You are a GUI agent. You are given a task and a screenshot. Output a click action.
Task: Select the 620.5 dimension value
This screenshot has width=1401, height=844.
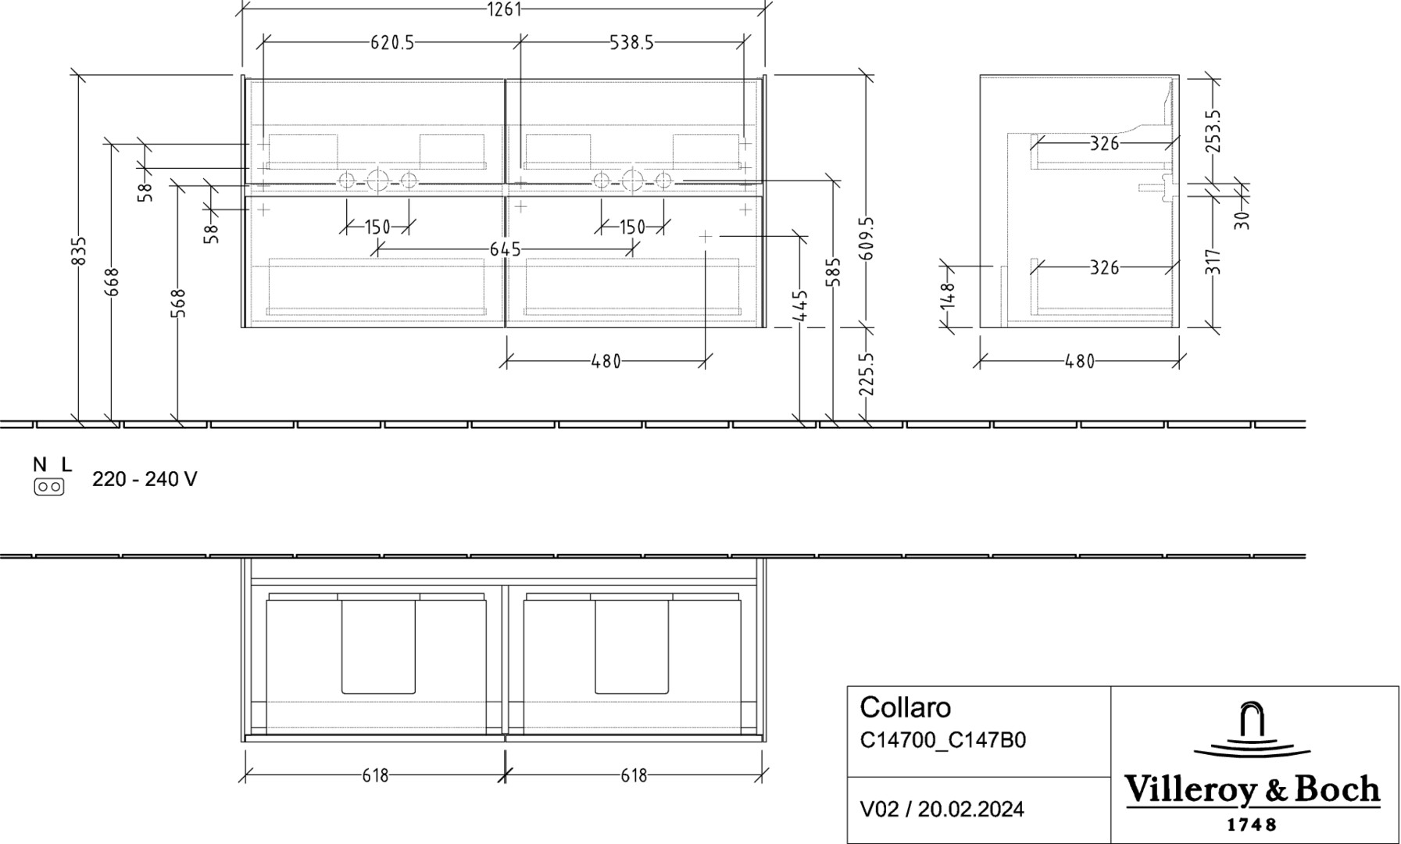(x=392, y=43)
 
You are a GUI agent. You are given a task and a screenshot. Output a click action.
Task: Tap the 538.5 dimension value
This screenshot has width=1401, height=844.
(x=631, y=43)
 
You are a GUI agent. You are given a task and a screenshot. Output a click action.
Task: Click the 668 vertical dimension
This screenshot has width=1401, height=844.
(x=113, y=282)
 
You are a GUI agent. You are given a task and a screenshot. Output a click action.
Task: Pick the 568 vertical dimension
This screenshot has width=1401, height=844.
(x=179, y=304)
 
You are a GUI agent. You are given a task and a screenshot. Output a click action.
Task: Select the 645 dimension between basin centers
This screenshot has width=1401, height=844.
(x=505, y=249)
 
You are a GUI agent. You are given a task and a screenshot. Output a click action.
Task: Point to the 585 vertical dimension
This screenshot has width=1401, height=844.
(x=835, y=273)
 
